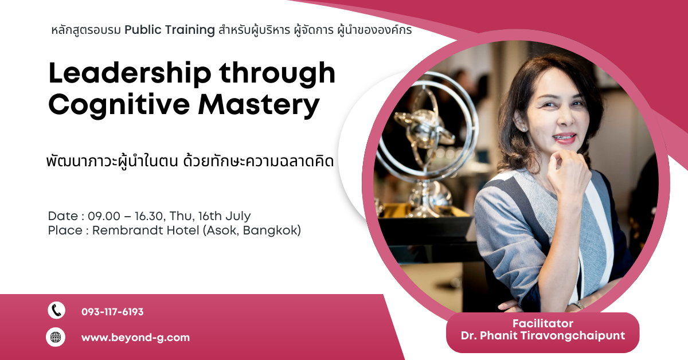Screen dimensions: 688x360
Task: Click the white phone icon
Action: (x=57, y=311)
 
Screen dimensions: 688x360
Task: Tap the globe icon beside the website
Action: (x=56, y=337)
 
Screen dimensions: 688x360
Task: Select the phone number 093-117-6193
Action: (x=112, y=312)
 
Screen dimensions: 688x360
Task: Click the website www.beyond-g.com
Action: (x=135, y=338)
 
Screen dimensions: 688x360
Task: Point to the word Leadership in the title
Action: (x=130, y=73)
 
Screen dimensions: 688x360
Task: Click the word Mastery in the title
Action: (x=259, y=105)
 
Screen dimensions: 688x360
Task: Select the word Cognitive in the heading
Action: (x=119, y=105)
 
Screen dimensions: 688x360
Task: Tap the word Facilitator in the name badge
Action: (x=543, y=323)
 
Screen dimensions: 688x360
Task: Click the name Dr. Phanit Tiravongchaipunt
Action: (x=543, y=336)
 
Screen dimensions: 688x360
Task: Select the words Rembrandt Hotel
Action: (x=146, y=230)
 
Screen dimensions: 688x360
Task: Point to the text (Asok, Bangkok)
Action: (x=252, y=230)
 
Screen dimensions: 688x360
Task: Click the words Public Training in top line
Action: (x=170, y=30)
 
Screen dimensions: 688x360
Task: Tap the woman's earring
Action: (x=523, y=129)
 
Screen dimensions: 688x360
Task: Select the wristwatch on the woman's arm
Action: (x=578, y=306)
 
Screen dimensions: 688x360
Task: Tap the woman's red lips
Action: (x=565, y=138)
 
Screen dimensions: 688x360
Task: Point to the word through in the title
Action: (x=277, y=74)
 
